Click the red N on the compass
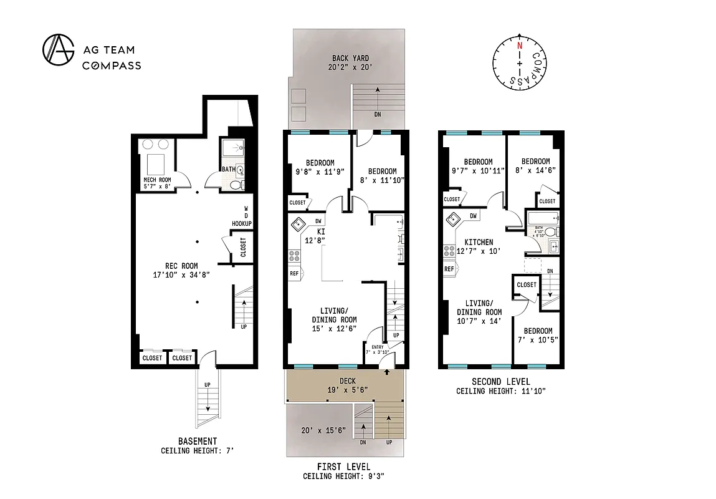click(x=519, y=46)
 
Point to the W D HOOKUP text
click(x=241, y=216)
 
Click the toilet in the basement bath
click(x=234, y=185)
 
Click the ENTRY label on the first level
click(x=378, y=347)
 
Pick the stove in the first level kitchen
click(x=294, y=255)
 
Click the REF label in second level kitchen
click(x=449, y=269)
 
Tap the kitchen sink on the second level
click(x=453, y=217)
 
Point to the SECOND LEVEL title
click(x=500, y=382)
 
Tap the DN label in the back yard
click(x=377, y=115)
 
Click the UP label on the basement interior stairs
click(x=243, y=326)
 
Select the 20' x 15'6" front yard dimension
click(x=322, y=430)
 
